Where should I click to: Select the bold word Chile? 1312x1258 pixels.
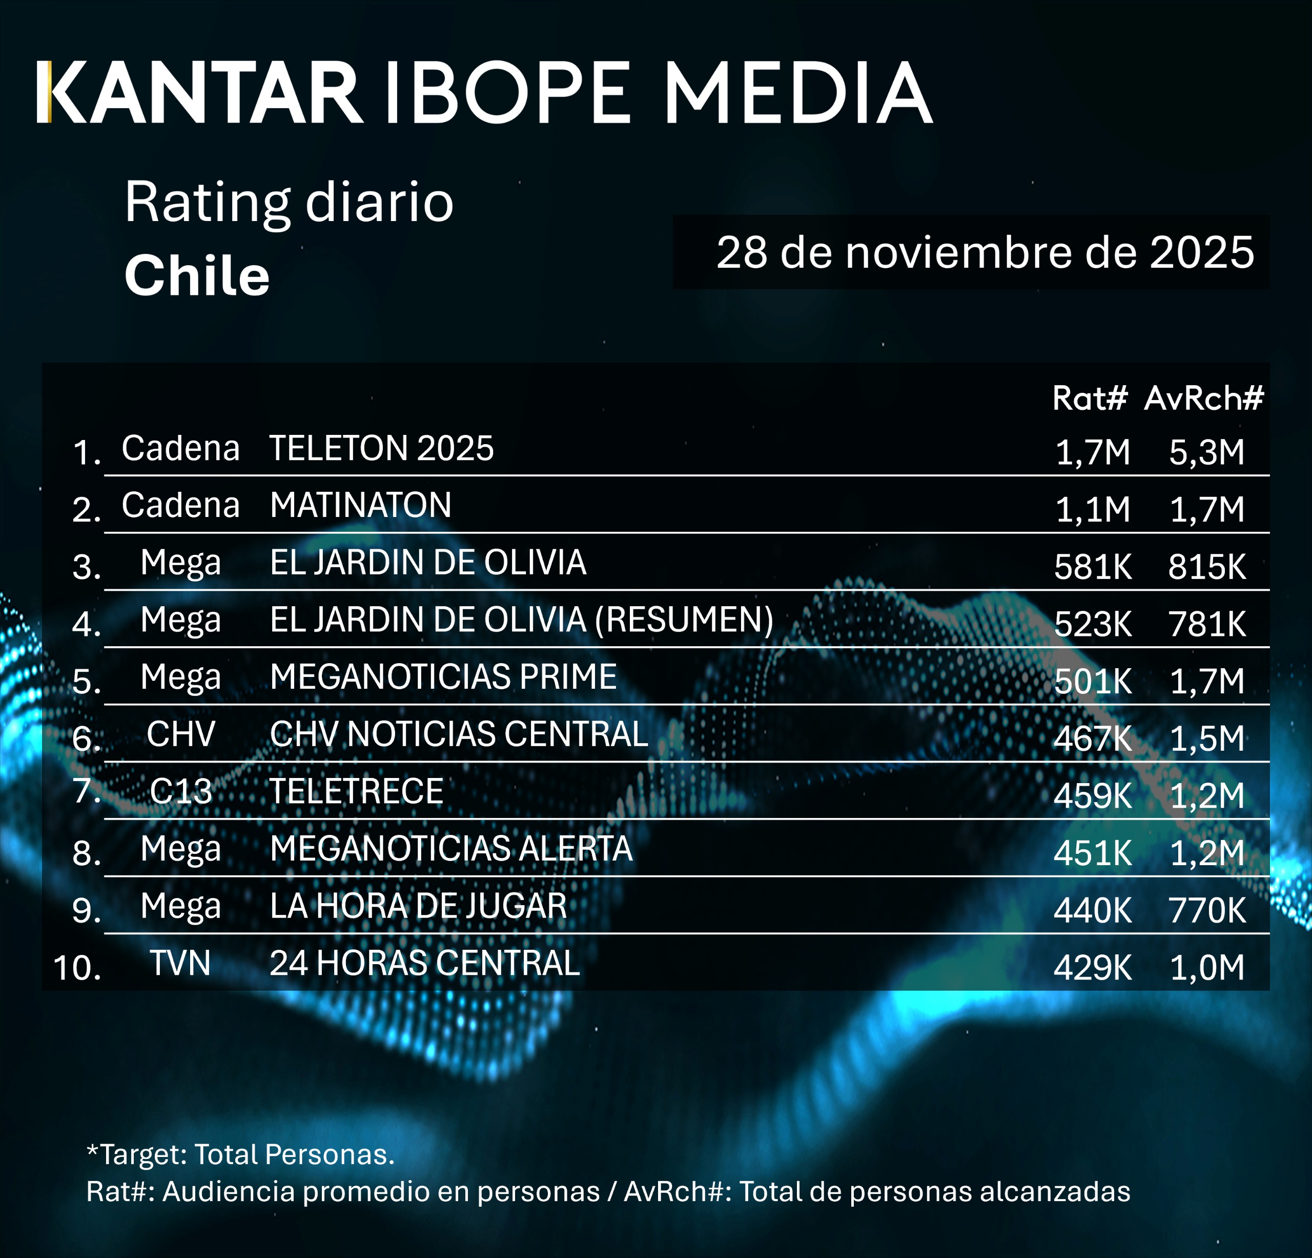pos(197,275)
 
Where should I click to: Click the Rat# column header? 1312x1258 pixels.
pos(1090,398)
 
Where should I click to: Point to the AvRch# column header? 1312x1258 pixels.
pos(1203,398)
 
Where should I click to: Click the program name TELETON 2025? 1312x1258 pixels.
pos(381,448)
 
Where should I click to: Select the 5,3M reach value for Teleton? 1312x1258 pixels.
pos(1207,452)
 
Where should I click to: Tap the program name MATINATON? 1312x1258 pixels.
pos(361,505)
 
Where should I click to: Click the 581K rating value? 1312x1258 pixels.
pos(1093,567)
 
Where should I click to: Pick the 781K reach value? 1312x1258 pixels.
pos(1207,624)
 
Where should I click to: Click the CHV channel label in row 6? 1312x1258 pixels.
pos(181,734)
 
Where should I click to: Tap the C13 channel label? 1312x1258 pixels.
pos(181,792)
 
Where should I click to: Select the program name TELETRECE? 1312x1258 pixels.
pos(356,792)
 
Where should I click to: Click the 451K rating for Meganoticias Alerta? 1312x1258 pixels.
pos(1093,853)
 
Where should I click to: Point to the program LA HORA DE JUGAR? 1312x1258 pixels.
pos(418,906)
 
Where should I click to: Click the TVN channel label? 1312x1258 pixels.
pos(180,963)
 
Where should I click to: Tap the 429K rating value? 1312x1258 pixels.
pos(1093,968)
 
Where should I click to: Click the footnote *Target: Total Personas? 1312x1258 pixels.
pos(241,1154)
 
